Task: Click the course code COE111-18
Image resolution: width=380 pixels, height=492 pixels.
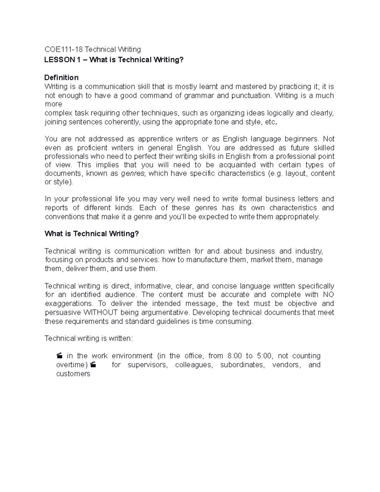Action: click(63, 49)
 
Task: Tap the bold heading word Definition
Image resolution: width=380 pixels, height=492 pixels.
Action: click(61, 78)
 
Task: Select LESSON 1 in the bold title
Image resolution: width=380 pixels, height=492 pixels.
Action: click(62, 60)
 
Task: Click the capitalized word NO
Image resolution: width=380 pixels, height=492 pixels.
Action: click(328, 295)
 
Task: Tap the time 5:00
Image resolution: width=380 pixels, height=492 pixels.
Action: click(264, 356)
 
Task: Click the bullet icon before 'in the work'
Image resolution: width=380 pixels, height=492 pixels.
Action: click(60, 356)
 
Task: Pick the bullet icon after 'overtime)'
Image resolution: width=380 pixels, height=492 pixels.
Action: click(93, 365)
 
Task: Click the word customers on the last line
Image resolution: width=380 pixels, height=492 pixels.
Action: click(73, 374)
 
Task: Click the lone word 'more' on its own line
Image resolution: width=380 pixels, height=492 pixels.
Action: click(53, 104)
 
